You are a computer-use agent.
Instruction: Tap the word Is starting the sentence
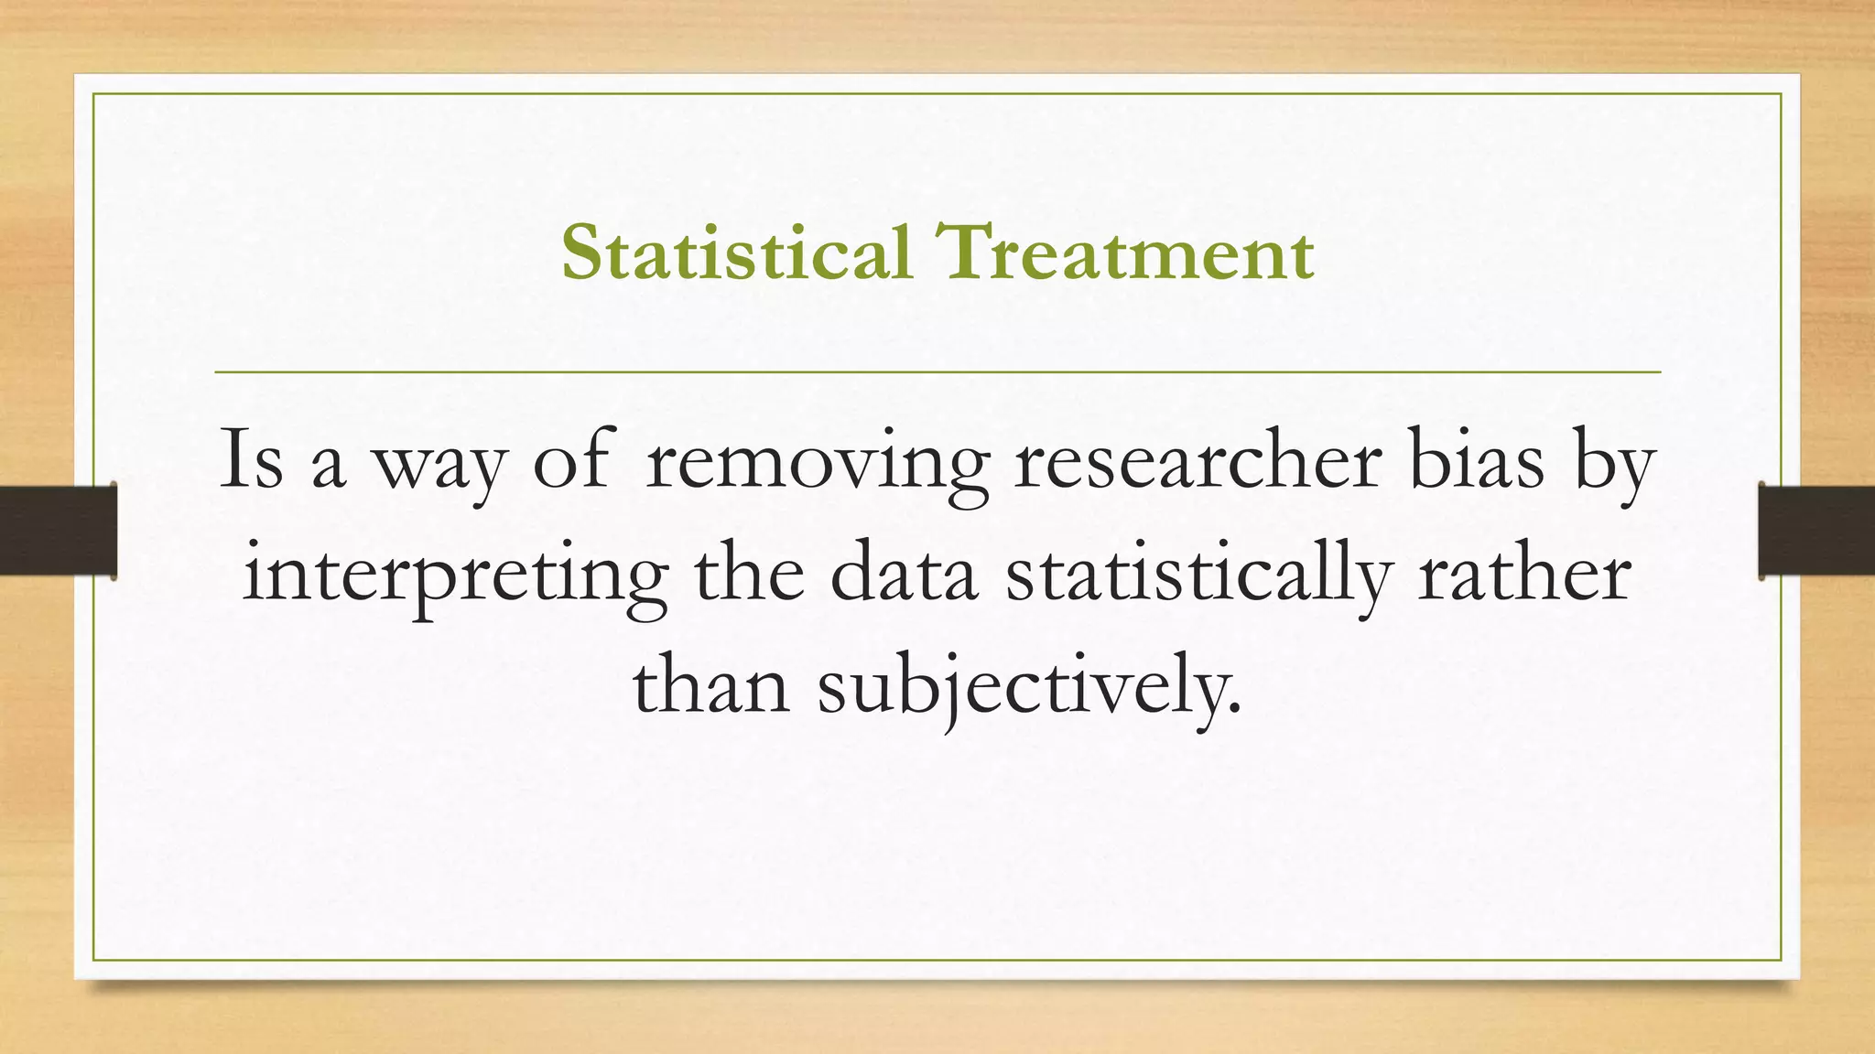pos(251,460)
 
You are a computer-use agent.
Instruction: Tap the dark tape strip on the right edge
pos(1816,531)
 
